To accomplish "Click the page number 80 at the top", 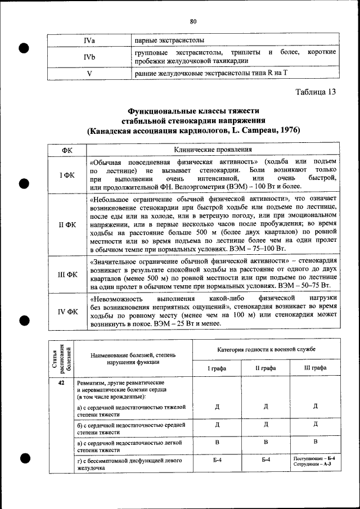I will pyautogui.click(x=192, y=22).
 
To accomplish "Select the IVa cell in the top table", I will pyautogui.click(x=89, y=41).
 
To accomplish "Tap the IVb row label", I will pyautogui.click(x=89, y=57).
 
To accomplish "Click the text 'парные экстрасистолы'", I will pyautogui.click(x=169, y=41).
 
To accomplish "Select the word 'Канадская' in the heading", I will pyautogui.click(x=116, y=130).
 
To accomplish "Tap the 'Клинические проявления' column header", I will pyautogui.click(x=213, y=150).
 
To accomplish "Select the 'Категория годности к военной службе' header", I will pyautogui.click(x=267, y=350).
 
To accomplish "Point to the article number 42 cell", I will pyautogui.click(x=60, y=382).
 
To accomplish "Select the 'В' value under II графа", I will pyautogui.click(x=267, y=443).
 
